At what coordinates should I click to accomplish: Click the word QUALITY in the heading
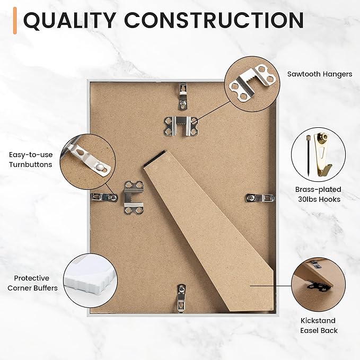[x=69, y=20]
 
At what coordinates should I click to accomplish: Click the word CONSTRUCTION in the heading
[x=214, y=20]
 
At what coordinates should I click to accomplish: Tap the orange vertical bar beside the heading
[x=15, y=21]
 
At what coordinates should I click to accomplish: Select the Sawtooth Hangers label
[x=320, y=74]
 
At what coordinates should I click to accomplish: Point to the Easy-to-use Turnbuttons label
[x=31, y=160]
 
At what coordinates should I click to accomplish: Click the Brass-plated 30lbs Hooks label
[x=319, y=194]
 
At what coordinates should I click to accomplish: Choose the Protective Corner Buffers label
[x=32, y=283]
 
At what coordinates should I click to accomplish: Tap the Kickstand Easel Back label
[x=319, y=326]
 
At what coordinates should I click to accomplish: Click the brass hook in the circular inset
[x=323, y=154]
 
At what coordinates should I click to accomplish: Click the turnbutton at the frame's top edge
[x=183, y=96]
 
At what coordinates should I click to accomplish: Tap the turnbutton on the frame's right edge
[x=260, y=198]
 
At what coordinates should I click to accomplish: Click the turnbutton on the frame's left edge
[x=104, y=197]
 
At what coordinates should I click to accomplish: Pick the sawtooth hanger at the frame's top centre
[x=181, y=126]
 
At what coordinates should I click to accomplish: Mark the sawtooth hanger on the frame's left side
[x=134, y=198]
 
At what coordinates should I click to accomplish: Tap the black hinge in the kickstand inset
[x=319, y=287]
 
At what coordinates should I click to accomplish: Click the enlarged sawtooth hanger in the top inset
[x=252, y=83]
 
